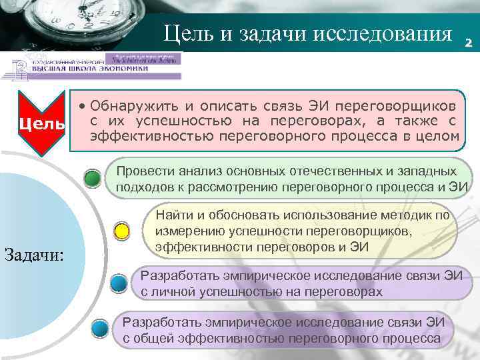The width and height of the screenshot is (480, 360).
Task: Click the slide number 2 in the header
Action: [x=468, y=43]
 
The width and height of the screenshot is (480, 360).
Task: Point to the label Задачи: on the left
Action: [x=34, y=253]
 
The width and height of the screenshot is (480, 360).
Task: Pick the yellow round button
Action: [x=122, y=233]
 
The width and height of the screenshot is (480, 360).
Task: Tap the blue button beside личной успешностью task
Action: [x=119, y=283]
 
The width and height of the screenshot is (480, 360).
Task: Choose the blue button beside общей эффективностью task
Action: [x=100, y=329]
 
